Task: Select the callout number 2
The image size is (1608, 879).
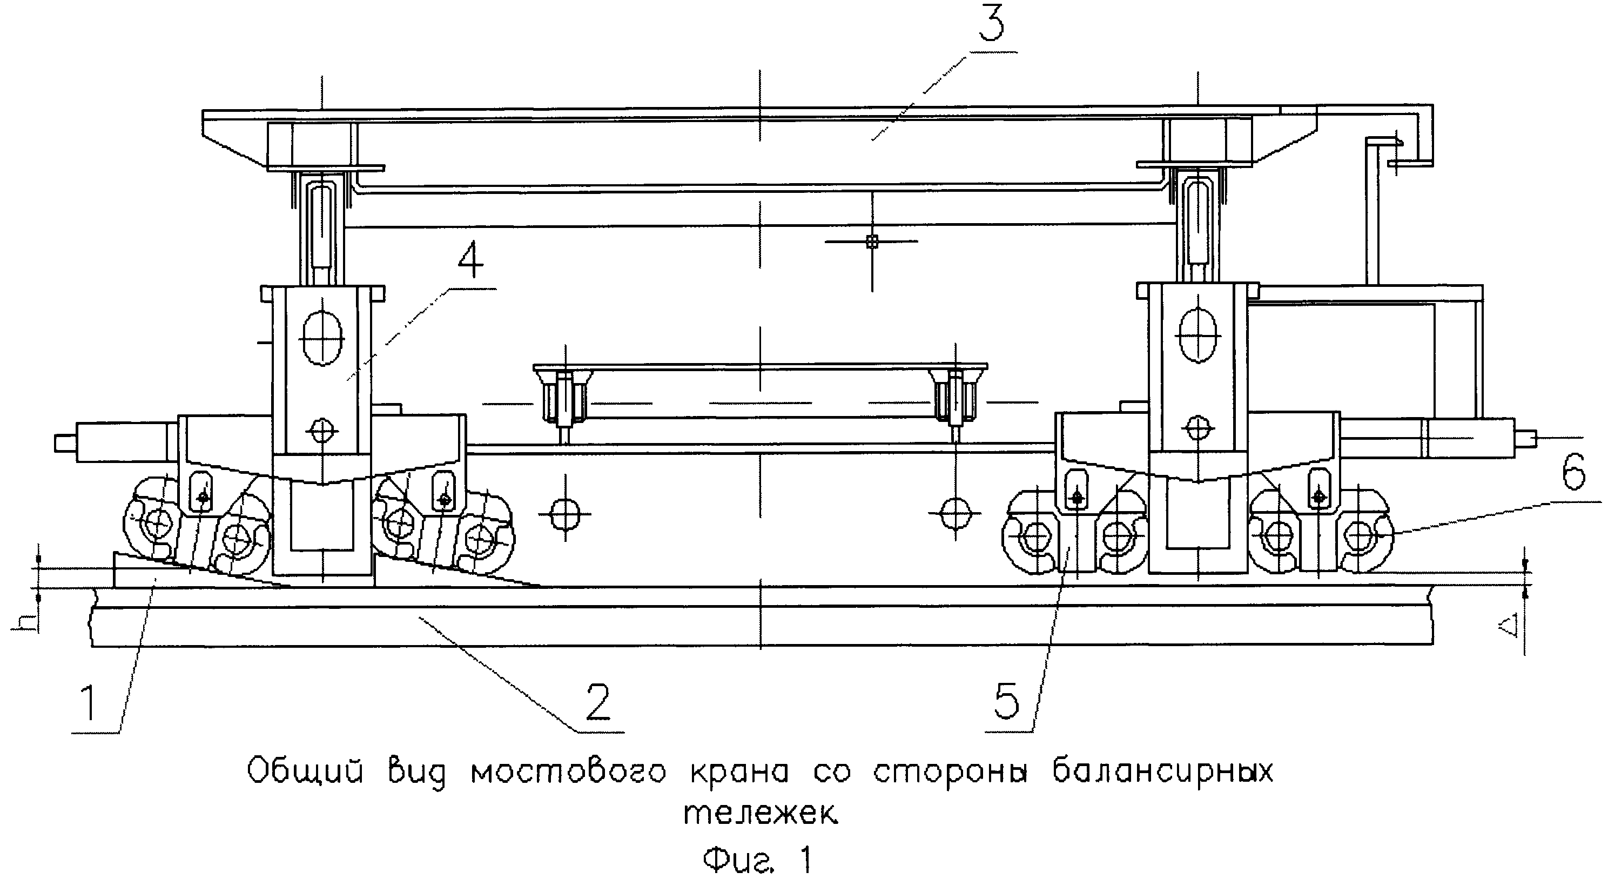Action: point(597,702)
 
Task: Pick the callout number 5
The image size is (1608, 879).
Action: point(1006,701)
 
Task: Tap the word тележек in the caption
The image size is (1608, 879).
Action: point(761,814)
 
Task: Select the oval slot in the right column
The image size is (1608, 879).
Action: point(1198,338)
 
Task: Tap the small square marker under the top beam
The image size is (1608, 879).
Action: point(872,241)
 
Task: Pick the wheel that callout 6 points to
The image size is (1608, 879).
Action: point(1361,535)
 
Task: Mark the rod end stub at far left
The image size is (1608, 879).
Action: point(64,442)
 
